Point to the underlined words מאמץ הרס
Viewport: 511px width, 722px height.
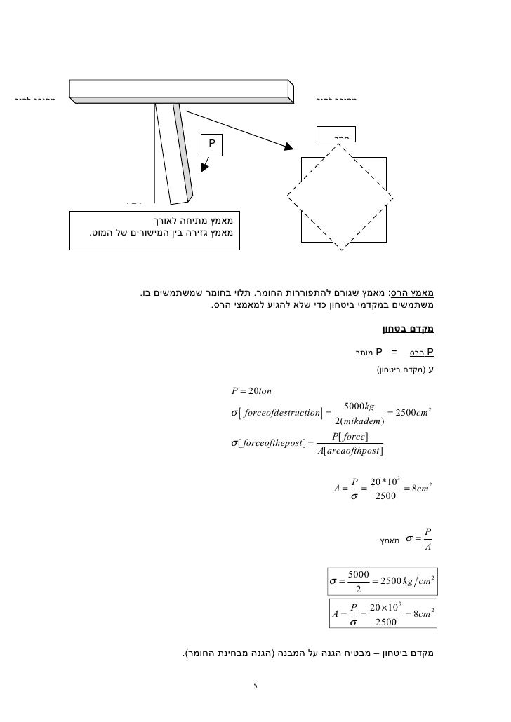click(x=420, y=293)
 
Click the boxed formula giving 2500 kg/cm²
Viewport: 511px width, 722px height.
click(x=383, y=582)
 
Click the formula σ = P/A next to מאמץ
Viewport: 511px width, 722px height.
click(x=421, y=540)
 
